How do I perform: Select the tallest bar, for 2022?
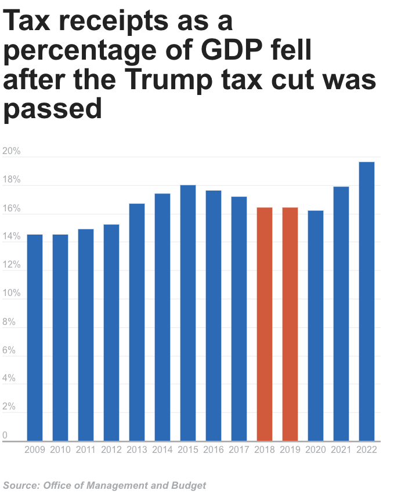[367, 301]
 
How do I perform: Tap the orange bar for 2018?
[265, 324]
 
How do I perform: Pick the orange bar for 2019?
[290, 324]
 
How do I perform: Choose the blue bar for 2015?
[188, 313]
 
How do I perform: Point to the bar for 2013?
[137, 322]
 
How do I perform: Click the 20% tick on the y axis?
[12, 152]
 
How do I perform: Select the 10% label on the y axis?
[12, 294]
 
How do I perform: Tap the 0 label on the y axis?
[5, 436]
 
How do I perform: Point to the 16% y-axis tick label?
[12, 208]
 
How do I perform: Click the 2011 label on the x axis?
[86, 450]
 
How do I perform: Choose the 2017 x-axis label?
[239, 450]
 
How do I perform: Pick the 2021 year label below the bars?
[341, 450]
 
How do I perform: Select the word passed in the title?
[53, 109]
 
